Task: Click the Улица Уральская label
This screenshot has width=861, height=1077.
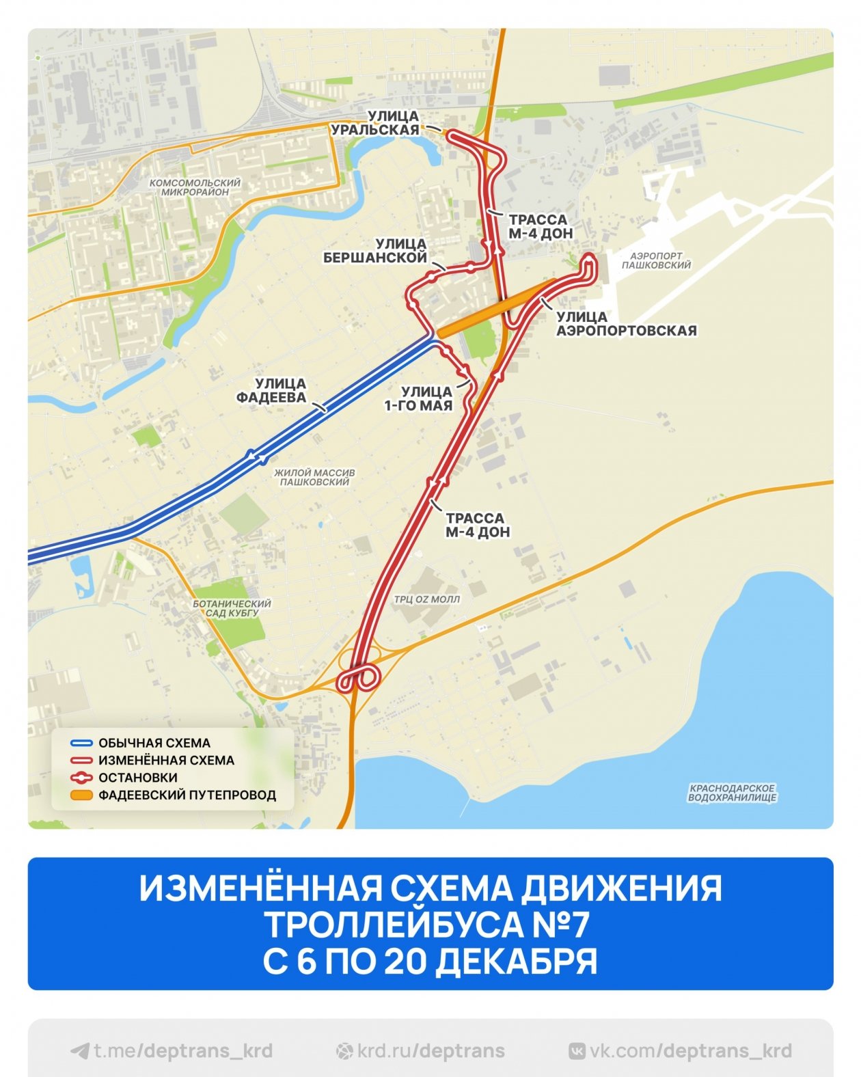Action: click(375, 124)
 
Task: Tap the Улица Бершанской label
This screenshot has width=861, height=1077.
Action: click(375, 251)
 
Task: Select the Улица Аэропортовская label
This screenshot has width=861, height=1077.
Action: click(625, 324)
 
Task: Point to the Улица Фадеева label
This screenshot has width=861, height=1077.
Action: click(271, 391)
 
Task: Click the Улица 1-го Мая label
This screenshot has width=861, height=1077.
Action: click(418, 398)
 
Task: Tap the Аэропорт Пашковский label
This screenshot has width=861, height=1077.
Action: click(656, 260)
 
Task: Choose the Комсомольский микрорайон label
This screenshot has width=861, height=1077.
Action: click(195, 187)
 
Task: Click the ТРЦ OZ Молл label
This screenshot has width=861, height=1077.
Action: click(426, 599)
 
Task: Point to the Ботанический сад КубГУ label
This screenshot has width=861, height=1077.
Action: click(232, 608)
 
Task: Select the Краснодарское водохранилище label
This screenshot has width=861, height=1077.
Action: click(732, 793)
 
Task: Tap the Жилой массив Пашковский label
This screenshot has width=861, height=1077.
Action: click(314, 477)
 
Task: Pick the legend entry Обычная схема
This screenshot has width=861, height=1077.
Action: click(154, 743)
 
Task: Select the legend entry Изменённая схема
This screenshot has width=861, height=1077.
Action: click(166, 760)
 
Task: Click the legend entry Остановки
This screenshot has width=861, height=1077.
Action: click(137, 778)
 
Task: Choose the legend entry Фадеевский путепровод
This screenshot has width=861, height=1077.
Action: click(187, 795)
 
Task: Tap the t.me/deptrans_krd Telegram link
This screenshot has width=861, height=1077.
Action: click(172, 1050)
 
